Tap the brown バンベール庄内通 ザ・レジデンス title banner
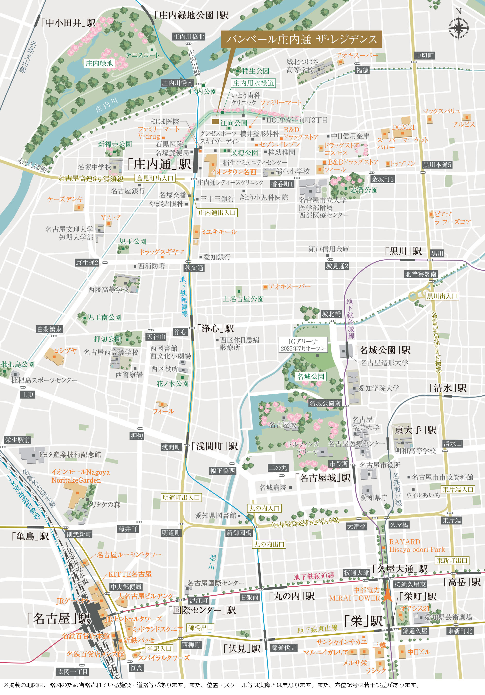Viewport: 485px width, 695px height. click(301, 39)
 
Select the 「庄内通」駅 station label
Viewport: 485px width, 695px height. click(159, 164)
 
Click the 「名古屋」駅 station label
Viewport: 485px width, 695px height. click(59, 618)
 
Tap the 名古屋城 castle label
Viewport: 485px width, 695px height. click(283, 425)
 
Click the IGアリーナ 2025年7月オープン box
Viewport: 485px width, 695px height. click(303, 345)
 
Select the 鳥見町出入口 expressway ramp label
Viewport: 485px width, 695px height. click(155, 178)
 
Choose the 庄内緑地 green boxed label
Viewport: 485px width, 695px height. click(99, 63)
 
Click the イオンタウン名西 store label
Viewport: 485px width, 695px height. click(234, 172)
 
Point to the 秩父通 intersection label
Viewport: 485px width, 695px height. click(194, 268)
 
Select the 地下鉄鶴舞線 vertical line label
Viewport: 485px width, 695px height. click(184, 297)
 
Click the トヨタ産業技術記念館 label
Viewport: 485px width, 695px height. click(69, 454)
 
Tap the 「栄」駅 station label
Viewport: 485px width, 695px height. click(363, 621)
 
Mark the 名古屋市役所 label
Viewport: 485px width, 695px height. click(380, 465)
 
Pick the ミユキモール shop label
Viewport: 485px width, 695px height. click(218, 232)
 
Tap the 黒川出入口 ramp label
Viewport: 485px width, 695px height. click(442, 296)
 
